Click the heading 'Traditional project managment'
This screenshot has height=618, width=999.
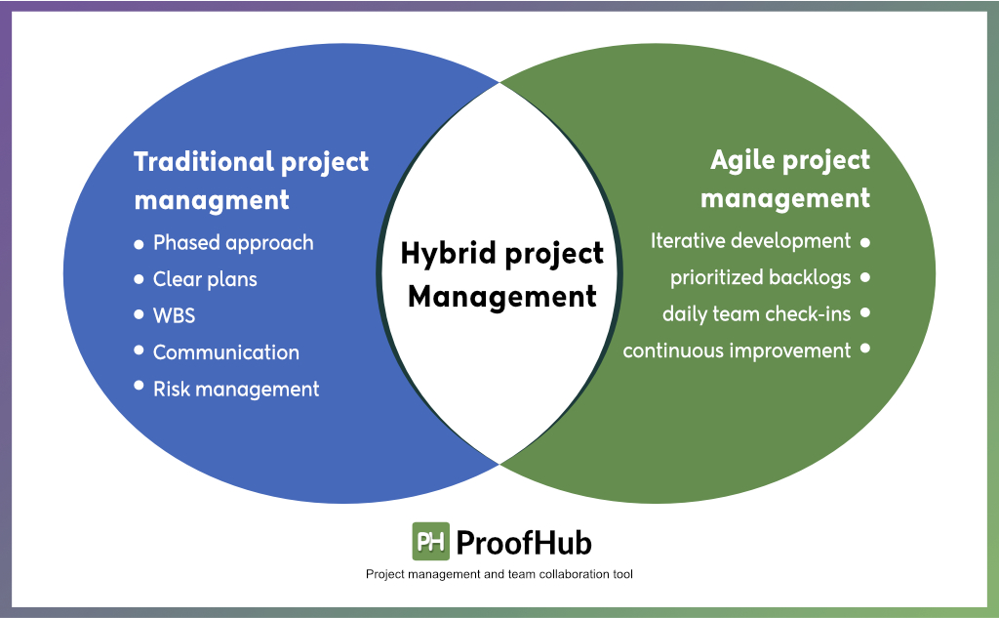[251, 180]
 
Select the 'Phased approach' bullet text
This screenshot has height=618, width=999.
[233, 242]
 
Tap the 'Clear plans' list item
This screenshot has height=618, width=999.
[205, 279]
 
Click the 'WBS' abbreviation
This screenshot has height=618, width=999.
[175, 315]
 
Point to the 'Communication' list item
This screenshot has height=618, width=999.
[226, 352]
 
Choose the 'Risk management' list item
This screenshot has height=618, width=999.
[236, 389]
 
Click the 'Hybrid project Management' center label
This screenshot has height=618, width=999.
[501, 274]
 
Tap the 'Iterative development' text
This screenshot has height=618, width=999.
[750, 240]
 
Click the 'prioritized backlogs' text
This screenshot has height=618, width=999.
[760, 277]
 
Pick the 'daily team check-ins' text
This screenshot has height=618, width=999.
[756, 313]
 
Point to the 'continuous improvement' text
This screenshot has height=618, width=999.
[737, 350]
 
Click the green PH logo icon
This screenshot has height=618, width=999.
[430, 541]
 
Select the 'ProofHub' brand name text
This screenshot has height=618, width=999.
[523, 542]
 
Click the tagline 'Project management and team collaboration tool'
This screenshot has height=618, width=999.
[499, 574]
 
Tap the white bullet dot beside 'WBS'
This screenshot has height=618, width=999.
[139, 314]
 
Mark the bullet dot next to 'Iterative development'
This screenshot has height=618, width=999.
[865, 240]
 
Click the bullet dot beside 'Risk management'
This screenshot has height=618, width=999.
[139, 387]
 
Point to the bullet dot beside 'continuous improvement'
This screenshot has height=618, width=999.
[865, 349]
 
